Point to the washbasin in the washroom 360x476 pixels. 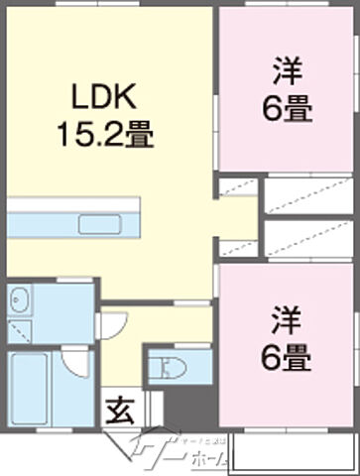[x=21, y=299]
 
